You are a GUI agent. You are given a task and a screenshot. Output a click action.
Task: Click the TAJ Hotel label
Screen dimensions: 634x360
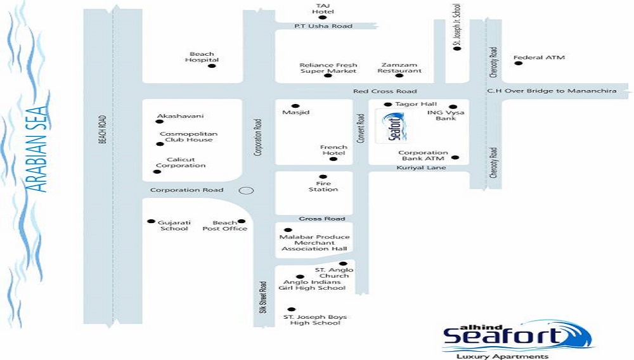point(323,8)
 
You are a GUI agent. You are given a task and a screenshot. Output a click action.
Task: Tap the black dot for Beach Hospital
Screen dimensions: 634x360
point(212,66)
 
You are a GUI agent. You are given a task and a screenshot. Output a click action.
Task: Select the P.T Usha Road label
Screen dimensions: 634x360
point(323,26)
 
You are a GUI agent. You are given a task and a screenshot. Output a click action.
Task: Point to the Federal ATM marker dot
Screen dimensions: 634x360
point(519,63)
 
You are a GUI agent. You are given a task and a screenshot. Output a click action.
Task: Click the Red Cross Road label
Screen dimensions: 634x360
point(385,91)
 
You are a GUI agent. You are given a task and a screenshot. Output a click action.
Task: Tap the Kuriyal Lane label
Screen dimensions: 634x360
point(421,168)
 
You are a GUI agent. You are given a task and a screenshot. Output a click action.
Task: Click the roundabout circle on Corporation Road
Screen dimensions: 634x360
point(246,191)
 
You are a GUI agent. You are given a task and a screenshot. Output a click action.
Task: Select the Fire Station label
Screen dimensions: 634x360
point(323,186)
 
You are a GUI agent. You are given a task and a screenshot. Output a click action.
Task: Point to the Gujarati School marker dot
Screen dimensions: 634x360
point(152,221)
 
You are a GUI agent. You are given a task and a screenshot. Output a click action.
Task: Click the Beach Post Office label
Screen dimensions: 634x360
point(224,226)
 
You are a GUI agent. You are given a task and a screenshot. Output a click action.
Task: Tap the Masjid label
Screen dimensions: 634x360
point(295,112)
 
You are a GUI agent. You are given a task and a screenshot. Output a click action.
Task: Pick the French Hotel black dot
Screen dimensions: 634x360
point(333,159)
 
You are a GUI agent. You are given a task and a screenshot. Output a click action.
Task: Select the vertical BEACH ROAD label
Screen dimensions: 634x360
point(102,129)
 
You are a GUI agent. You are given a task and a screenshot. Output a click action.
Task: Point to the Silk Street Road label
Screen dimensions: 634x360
point(263,297)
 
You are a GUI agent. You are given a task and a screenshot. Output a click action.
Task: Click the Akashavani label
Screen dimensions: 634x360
point(180,116)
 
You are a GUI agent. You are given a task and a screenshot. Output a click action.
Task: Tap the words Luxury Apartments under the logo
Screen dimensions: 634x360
point(503,356)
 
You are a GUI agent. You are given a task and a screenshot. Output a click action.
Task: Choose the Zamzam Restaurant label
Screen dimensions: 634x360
point(399,67)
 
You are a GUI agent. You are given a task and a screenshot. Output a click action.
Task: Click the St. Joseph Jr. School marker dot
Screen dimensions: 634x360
point(457,48)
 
